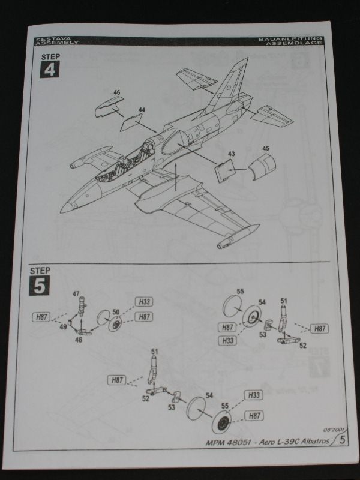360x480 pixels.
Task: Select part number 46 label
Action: coord(117,92)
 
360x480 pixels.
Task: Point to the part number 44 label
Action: coord(142,110)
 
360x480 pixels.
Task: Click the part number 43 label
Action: coord(232,154)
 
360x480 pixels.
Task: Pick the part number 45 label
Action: coord(266,148)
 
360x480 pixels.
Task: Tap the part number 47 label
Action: coord(76,294)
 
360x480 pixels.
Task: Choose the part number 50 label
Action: coord(116,312)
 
